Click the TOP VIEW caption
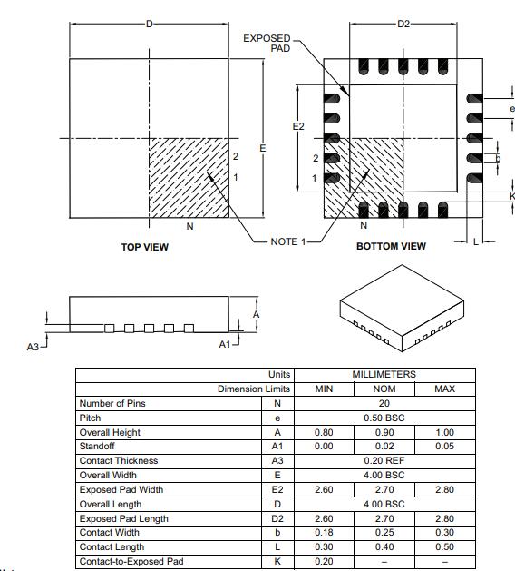(145, 247)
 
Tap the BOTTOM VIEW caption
(391, 247)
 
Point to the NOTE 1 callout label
(289, 241)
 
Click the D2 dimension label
(404, 23)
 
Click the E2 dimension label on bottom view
(298, 126)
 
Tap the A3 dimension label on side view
(34, 347)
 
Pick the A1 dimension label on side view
(226, 344)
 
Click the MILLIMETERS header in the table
(384, 374)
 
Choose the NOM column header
(384, 389)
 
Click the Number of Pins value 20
(384, 403)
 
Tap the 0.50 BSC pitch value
(384, 418)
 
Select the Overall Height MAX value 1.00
(444, 432)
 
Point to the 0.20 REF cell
(384, 461)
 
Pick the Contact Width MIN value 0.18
(323, 533)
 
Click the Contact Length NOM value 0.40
(384, 547)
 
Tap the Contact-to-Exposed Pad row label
(131, 562)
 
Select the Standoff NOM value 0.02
(384, 447)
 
